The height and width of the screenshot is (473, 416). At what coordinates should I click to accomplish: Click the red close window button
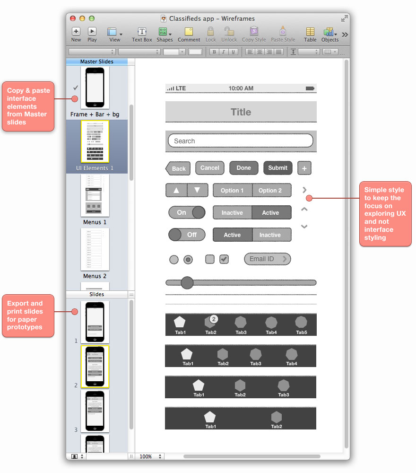[x=73, y=18]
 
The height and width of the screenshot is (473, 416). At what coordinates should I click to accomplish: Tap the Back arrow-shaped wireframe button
[x=178, y=168]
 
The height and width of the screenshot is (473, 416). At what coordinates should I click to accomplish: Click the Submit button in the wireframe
[x=277, y=168]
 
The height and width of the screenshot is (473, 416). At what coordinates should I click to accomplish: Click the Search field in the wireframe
[x=241, y=141]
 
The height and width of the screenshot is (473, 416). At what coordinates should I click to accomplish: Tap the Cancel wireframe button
[x=209, y=168]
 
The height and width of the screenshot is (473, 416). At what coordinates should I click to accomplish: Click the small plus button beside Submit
[x=304, y=168]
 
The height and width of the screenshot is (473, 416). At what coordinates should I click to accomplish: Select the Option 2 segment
[x=270, y=191]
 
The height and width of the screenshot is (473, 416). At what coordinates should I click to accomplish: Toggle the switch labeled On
[x=187, y=213]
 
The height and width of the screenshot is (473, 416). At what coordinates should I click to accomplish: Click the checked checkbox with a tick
[x=224, y=259]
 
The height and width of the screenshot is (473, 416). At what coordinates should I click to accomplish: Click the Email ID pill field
[x=267, y=259]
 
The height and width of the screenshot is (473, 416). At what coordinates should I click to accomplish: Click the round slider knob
[x=187, y=283]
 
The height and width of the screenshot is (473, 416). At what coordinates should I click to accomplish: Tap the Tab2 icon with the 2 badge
[x=211, y=323]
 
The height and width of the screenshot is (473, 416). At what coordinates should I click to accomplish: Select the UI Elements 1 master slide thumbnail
[x=95, y=141]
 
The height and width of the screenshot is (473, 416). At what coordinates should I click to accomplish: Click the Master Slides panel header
[x=96, y=61]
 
